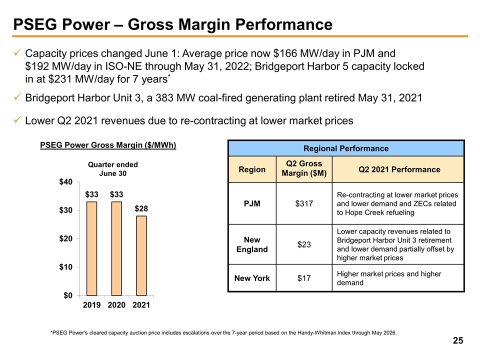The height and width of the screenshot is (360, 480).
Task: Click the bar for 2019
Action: [92, 248]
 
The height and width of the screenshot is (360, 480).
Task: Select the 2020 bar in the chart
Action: [116, 248]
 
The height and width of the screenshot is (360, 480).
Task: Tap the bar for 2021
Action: [141, 255]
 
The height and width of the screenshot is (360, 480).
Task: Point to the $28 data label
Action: [141, 208]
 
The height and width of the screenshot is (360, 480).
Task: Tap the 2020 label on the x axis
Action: [116, 304]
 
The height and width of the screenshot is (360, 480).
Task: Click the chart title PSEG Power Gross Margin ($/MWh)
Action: [108, 145]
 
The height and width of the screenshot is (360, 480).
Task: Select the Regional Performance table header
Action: [346, 148]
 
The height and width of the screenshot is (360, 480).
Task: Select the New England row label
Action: [252, 244]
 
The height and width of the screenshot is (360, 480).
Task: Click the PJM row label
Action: [252, 203]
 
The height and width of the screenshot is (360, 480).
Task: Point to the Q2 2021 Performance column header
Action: [399, 169]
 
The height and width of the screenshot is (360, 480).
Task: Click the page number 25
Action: [457, 341]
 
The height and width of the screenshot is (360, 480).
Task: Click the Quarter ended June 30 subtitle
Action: [113, 168]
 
